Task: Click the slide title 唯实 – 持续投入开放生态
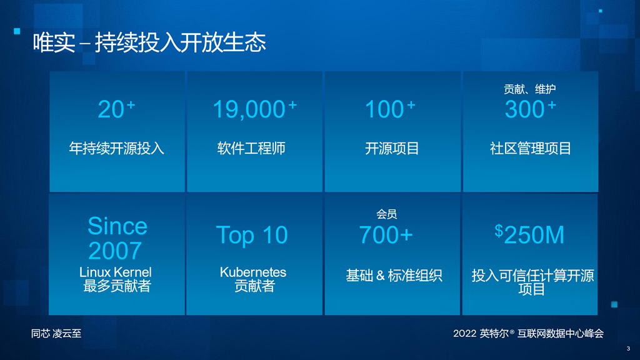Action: [x=149, y=42]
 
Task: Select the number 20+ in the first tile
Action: [x=116, y=109]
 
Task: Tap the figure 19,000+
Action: [x=255, y=109]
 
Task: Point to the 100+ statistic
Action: [x=390, y=109]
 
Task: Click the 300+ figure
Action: [x=530, y=109]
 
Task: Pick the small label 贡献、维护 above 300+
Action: [x=529, y=89]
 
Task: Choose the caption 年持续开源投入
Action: [x=116, y=148]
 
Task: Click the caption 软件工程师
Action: [x=251, y=148]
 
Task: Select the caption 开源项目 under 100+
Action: [x=392, y=148]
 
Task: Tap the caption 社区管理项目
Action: [x=530, y=148]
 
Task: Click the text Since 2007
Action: [x=117, y=238]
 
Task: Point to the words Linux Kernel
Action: [x=115, y=272]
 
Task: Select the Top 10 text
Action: [x=252, y=235]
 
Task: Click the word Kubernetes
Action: [x=253, y=272]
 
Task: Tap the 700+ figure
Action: [x=386, y=235]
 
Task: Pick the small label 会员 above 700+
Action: [x=386, y=214]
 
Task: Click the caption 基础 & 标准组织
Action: [x=394, y=276]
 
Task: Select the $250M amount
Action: [x=529, y=235]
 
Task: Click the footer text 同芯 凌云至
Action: [x=56, y=334]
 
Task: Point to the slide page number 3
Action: [x=628, y=349]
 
